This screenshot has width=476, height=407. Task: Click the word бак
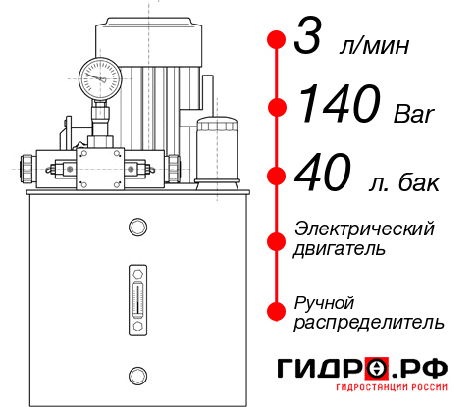click(421, 183)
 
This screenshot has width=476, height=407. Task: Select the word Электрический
click(364, 229)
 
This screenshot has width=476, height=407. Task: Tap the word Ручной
click(325, 301)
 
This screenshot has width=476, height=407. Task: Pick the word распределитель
click(369, 322)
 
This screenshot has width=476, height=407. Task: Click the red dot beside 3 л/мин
click(276, 41)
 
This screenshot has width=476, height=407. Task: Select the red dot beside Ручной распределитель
click(276, 311)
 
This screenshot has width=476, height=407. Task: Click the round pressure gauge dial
click(100, 75)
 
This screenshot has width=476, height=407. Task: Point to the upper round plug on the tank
click(136, 229)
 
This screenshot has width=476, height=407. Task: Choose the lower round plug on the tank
click(136, 373)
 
